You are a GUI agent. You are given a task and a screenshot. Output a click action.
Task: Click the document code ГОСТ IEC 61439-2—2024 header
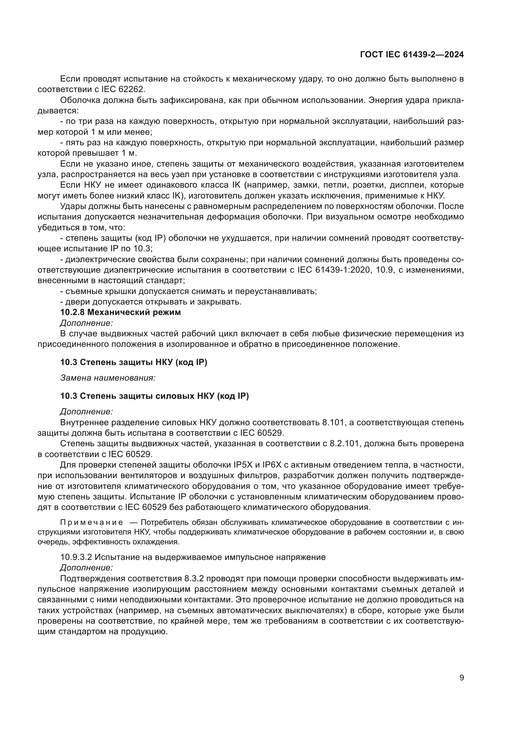(x=412, y=54)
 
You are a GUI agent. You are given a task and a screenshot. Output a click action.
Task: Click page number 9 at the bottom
(x=462, y=677)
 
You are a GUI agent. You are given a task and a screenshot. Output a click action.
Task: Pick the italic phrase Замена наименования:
(x=108, y=378)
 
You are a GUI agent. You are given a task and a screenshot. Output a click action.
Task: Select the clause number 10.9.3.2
(x=76, y=557)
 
